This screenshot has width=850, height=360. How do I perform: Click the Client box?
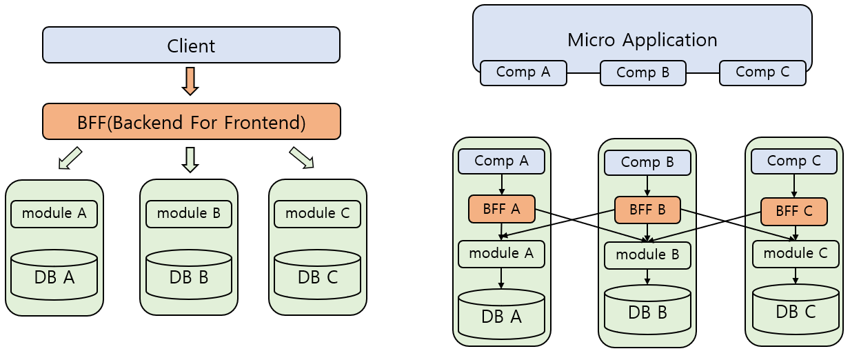pos(191,45)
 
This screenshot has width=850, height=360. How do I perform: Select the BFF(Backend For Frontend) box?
pos(192,121)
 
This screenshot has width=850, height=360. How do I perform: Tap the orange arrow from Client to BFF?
pos(190,81)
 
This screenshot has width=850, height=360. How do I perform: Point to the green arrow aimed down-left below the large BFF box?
pos(70,158)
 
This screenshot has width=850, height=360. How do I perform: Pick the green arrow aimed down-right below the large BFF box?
pos(302,158)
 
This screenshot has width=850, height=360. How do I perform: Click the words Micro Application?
pos(642,40)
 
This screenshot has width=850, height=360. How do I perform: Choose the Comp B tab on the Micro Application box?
pos(642,72)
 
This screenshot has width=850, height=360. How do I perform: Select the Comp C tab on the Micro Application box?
pos(762,72)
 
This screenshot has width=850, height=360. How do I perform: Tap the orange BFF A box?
pos(502,209)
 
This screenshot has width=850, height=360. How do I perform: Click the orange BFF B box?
pos(647,210)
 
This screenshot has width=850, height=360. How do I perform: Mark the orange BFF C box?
pos(794,212)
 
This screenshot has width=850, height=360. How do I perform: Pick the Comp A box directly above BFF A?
pos(501,161)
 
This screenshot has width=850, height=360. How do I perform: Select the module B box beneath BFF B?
pos(647,255)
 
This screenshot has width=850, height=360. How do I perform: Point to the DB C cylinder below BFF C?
pos(796,308)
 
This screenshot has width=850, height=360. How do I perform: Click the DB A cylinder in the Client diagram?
pos(54,275)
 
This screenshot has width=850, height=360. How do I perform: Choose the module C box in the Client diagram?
pos(317,214)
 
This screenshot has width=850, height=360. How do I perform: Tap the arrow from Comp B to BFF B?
pos(647,186)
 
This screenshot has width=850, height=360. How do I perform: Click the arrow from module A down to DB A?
pos(501,279)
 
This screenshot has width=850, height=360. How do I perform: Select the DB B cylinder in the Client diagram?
pos(189,274)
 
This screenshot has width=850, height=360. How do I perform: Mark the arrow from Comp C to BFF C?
pos(794,186)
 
